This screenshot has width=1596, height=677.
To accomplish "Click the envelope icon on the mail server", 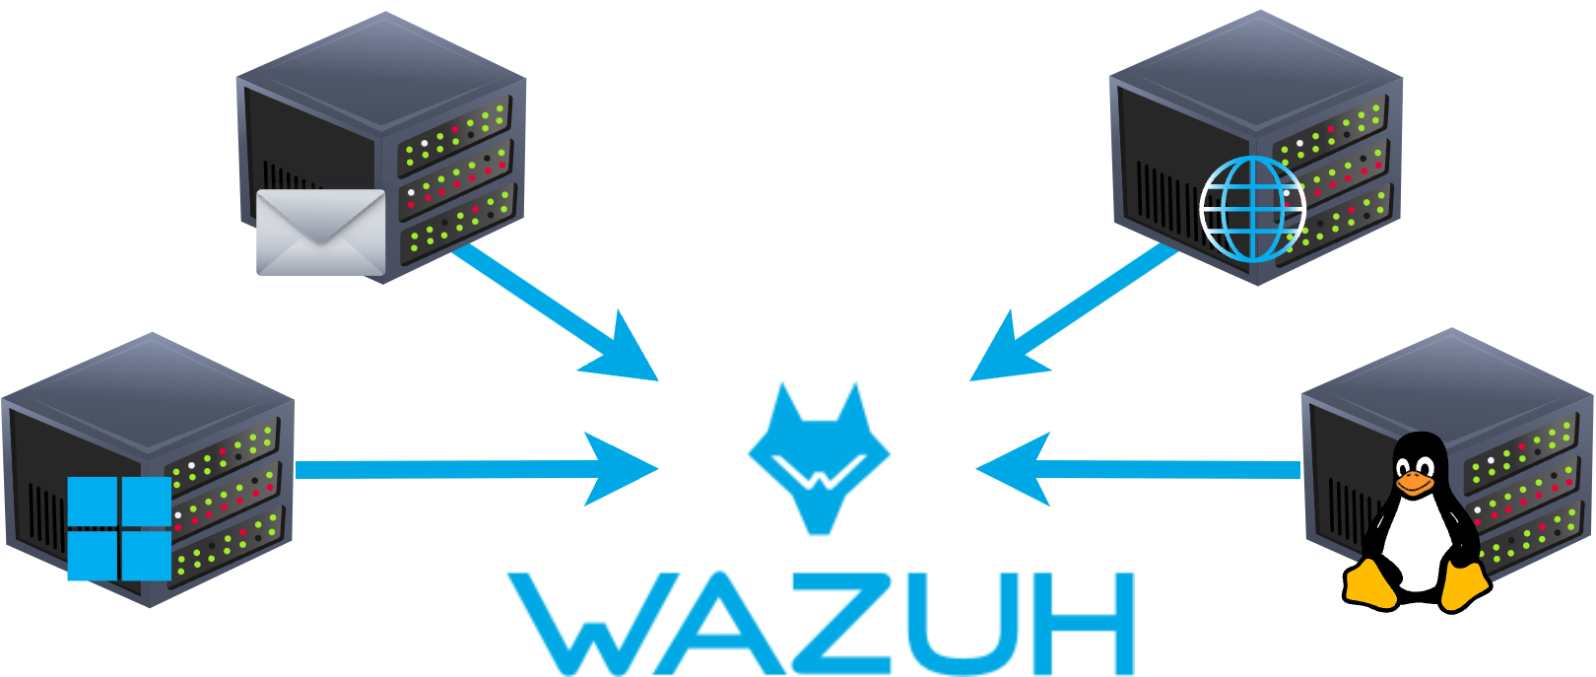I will coord(320,233).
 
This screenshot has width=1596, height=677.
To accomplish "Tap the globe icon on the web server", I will coord(1252,209).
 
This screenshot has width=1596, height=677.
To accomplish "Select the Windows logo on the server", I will coord(119,529).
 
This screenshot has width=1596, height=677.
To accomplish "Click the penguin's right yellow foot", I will coord(1463,584).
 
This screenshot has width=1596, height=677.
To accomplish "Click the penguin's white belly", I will coord(1416,542).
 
